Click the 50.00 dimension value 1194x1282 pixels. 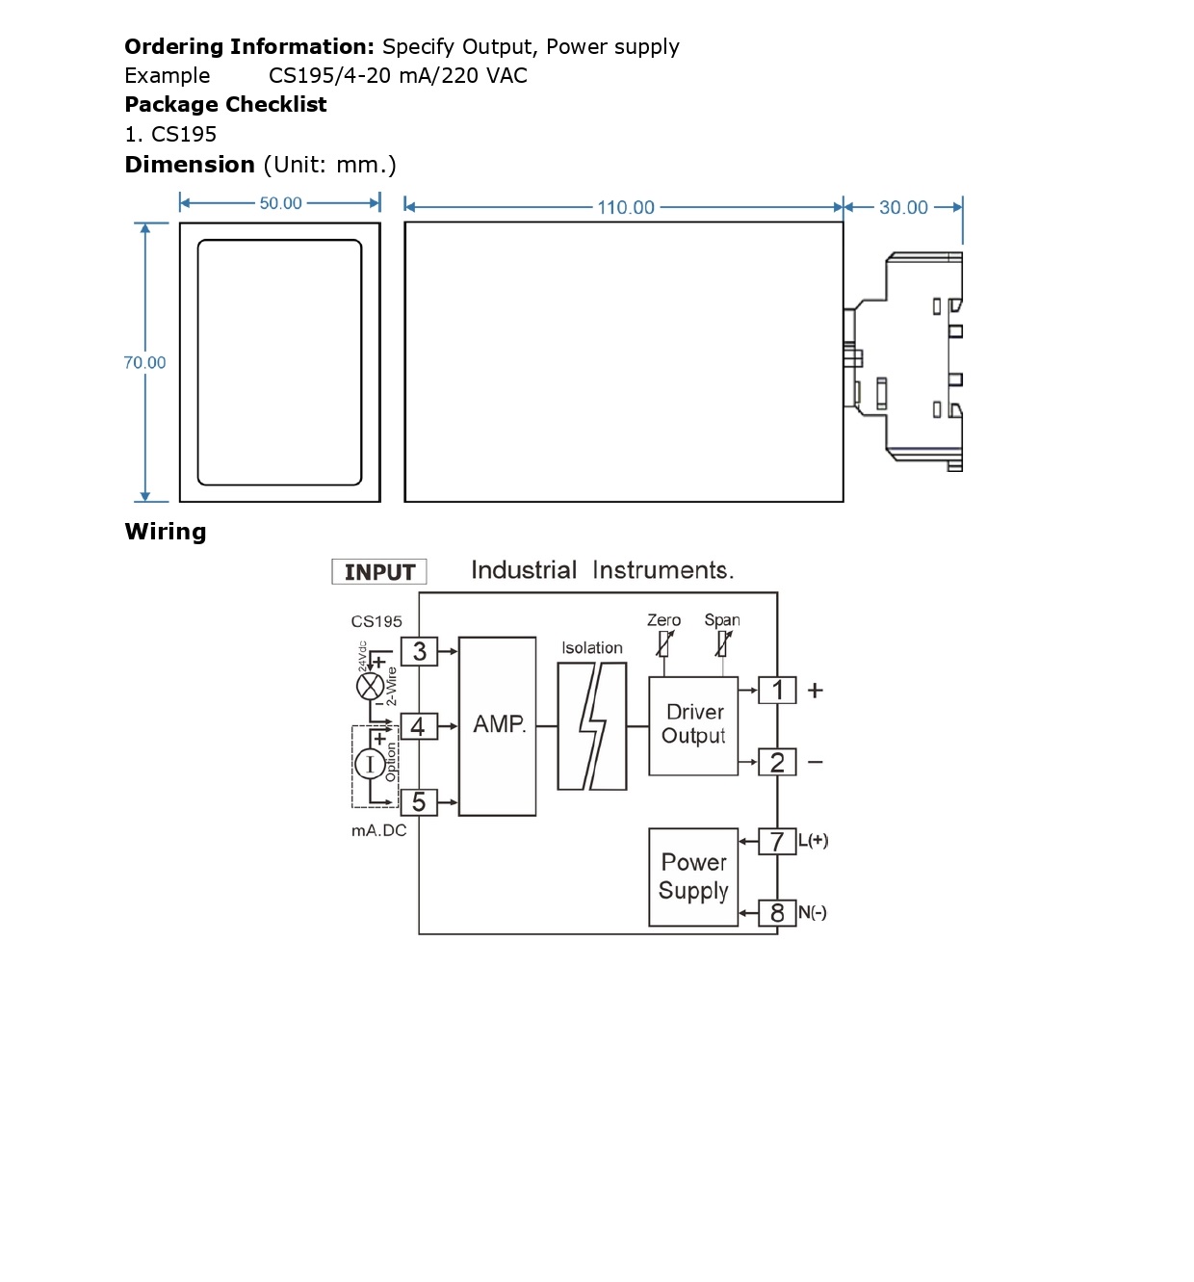click(280, 203)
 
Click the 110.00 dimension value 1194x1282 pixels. click(625, 207)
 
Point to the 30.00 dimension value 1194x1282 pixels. click(903, 207)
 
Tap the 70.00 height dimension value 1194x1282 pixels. click(144, 362)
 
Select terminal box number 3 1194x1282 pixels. click(419, 651)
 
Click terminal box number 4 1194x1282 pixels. click(419, 726)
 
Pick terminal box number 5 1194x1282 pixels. click(419, 801)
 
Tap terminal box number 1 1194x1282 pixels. click(777, 690)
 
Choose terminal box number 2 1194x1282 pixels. click(777, 762)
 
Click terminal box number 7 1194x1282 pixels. click(777, 841)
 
